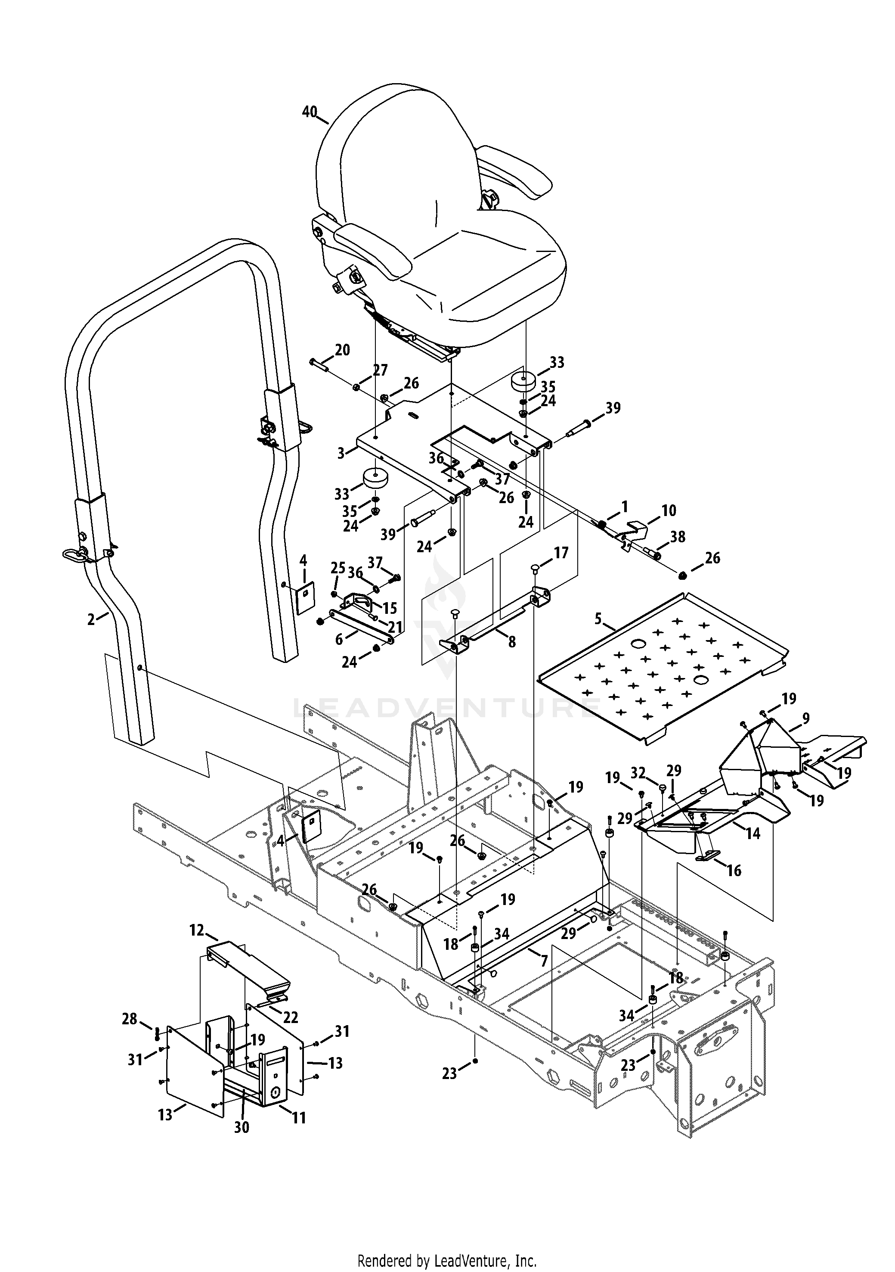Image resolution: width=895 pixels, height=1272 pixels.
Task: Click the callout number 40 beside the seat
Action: click(x=310, y=112)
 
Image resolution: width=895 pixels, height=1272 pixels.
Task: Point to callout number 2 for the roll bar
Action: click(x=91, y=619)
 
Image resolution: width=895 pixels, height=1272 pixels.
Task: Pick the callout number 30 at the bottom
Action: click(x=242, y=1127)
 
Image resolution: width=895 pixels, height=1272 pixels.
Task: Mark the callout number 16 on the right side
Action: click(x=734, y=871)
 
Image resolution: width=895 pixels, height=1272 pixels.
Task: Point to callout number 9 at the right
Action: click(x=805, y=718)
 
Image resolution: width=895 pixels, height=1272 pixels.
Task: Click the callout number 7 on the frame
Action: click(x=544, y=961)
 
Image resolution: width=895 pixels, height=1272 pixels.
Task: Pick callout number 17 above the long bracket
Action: click(x=561, y=553)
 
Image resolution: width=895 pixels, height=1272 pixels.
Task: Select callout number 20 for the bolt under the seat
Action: click(x=342, y=350)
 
